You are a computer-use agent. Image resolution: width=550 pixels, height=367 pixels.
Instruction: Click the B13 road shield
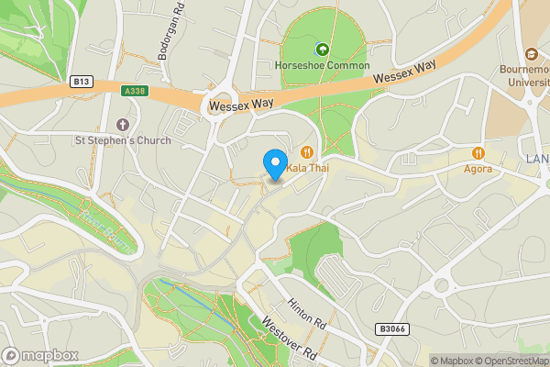tap(81, 81)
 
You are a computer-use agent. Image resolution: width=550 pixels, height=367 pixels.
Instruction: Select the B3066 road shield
tap(390, 328)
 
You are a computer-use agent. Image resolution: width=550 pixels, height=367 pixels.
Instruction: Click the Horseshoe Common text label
tap(323, 66)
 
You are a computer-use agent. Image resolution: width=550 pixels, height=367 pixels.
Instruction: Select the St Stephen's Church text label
tap(124, 141)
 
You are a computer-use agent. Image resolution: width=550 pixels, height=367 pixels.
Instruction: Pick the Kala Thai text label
tap(308, 169)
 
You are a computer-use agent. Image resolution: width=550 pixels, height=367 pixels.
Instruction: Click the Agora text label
tap(478, 169)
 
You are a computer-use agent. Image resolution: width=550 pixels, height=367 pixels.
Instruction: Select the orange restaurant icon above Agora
tap(478, 152)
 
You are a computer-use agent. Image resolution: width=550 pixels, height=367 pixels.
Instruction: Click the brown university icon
tap(532, 53)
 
